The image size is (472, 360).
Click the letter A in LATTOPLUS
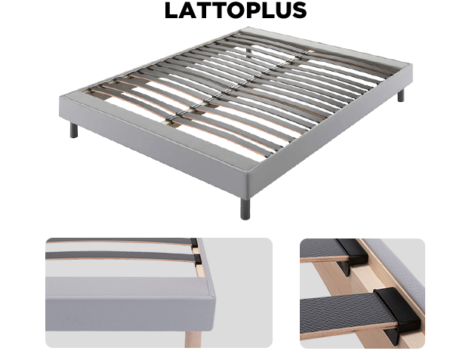point(186,11)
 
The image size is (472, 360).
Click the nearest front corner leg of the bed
point(245,208)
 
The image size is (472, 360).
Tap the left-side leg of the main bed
point(74,130)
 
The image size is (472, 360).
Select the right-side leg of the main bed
point(401,96)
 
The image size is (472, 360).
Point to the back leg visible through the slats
point(249,52)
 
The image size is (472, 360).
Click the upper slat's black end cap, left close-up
point(194,243)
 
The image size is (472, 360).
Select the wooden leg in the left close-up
point(193,339)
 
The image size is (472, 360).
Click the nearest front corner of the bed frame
point(248,172)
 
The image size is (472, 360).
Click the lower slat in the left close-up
point(120,256)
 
